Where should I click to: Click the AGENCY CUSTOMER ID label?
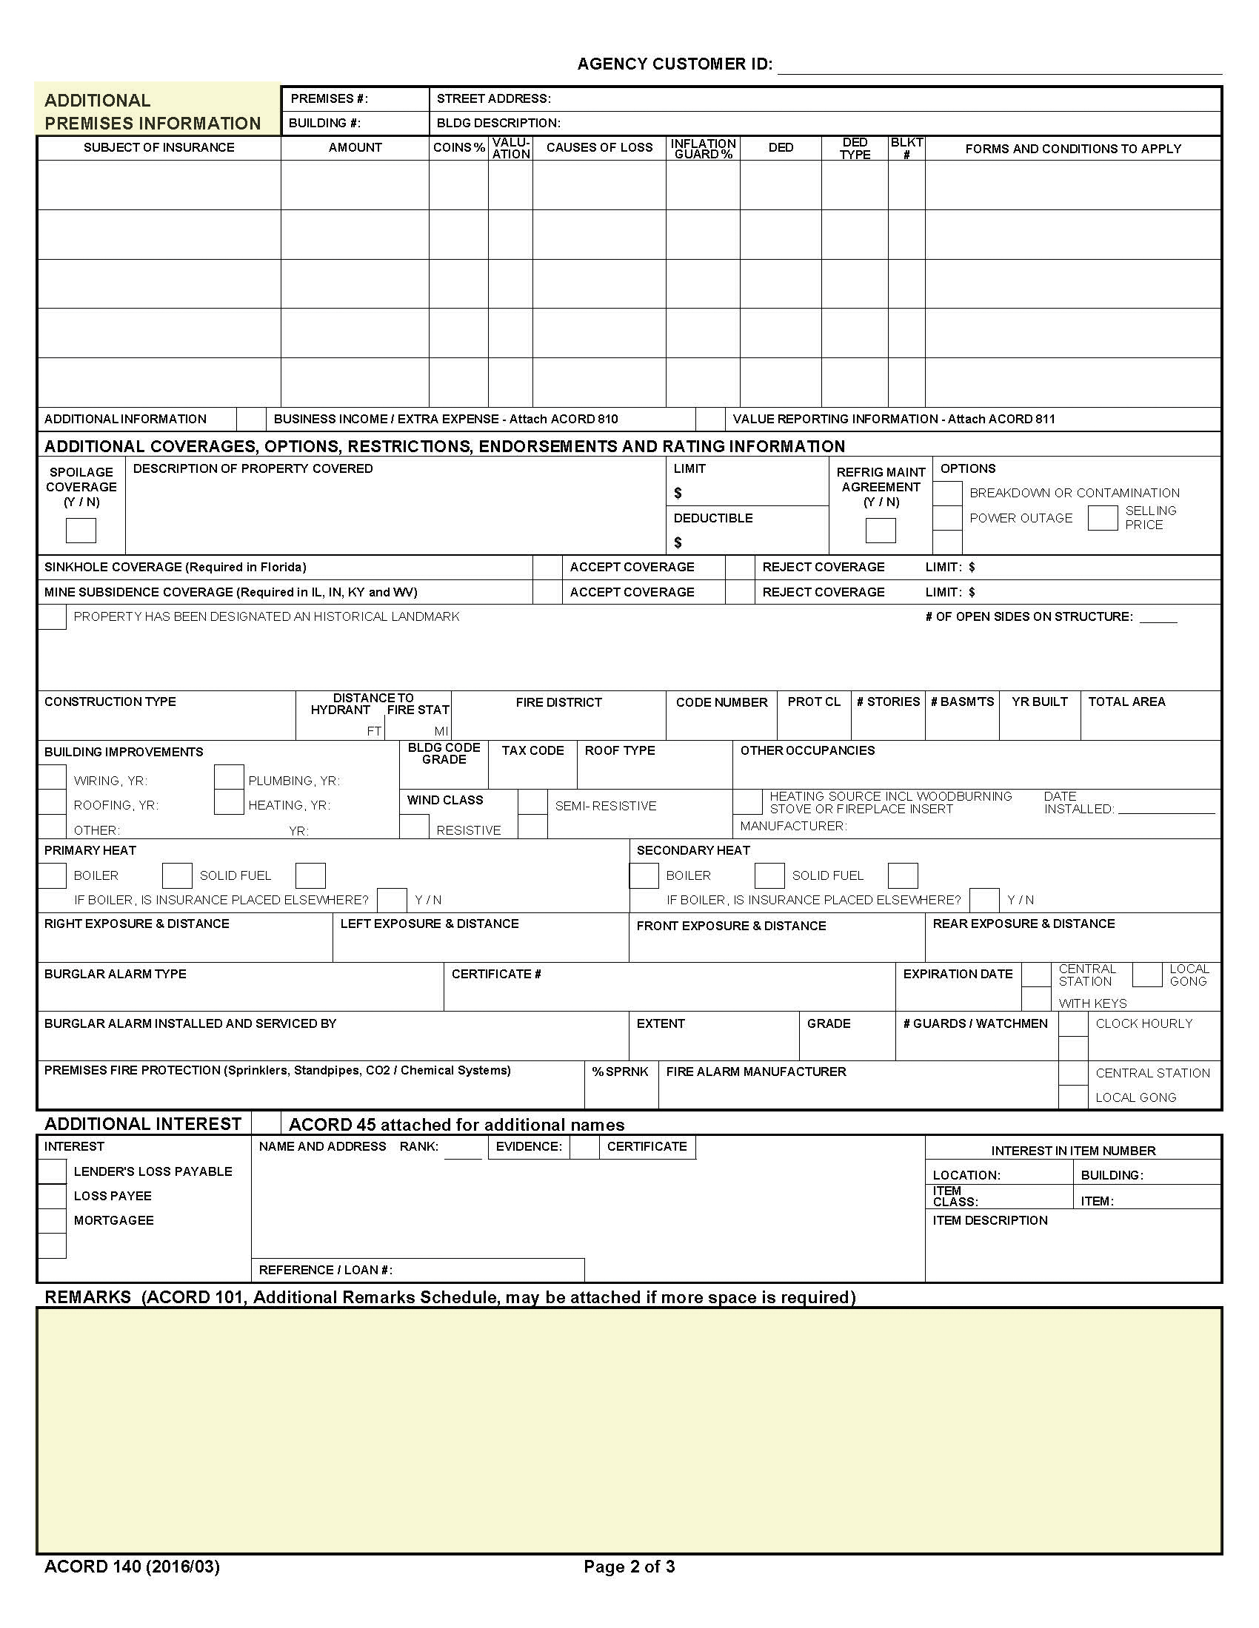click(x=674, y=64)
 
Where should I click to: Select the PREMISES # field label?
click(x=329, y=99)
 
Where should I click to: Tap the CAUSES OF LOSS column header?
click(x=599, y=147)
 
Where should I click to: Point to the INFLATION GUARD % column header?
click(x=703, y=148)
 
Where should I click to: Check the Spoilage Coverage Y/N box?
click(x=81, y=530)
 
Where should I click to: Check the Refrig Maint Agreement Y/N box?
click(x=880, y=530)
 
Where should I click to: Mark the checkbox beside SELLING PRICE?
click(x=1102, y=517)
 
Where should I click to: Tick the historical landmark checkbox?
click(x=52, y=617)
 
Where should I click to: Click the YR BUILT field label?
click(x=1039, y=702)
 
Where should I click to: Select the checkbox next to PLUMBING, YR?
click(x=229, y=778)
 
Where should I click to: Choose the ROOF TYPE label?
click(x=619, y=750)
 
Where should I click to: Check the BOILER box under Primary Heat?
click(x=52, y=875)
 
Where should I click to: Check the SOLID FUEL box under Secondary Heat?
click(x=769, y=875)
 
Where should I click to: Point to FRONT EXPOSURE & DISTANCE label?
click(x=731, y=926)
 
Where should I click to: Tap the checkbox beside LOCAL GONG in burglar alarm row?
click(x=1147, y=975)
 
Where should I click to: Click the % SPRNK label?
click(x=620, y=1072)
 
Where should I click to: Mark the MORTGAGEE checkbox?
click(x=52, y=1220)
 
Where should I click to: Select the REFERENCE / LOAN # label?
click(x=325, y=1270)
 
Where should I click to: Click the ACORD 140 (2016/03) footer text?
click(x=132, y=1566)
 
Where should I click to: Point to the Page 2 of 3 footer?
click(x=629, y=1566)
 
